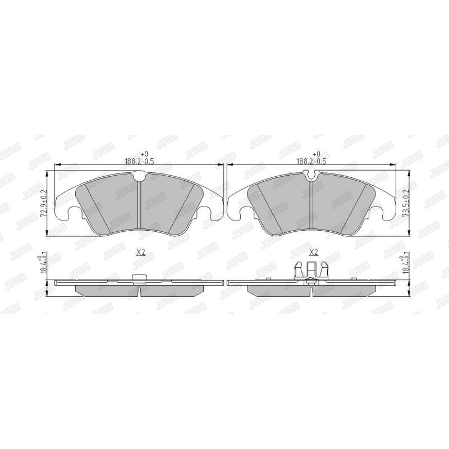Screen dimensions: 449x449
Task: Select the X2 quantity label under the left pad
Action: click(x=140, y=253)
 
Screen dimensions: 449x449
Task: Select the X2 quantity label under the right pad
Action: click(x=314, y=253)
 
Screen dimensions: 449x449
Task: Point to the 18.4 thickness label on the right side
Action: click(x=407, y=264)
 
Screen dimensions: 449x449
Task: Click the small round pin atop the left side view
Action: click(x=138, y=277)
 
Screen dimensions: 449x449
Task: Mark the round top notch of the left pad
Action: click(x=140, y=177)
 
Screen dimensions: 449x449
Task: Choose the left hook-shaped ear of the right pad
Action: click(x=243, y=214)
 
